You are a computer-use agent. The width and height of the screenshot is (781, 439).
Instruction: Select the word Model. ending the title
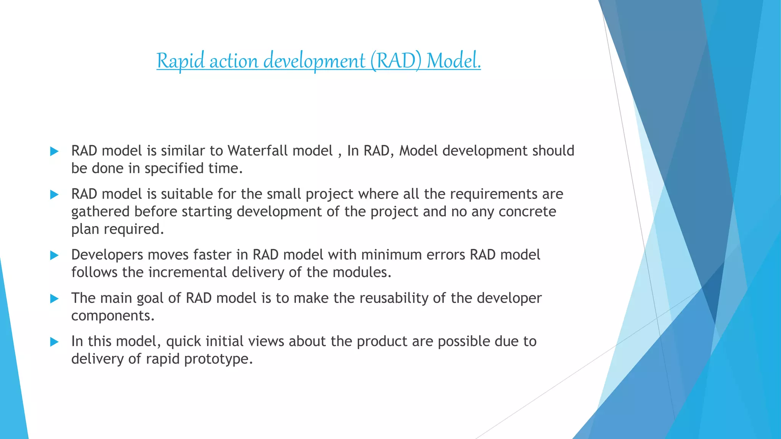pyautogui.click(x=453, y=61)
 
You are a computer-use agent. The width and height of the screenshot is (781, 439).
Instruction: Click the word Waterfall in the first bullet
pyautogui.click(x=280, y=151)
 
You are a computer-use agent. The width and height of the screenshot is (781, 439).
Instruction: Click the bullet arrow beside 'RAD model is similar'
pyautogui.click(x=55, y=151)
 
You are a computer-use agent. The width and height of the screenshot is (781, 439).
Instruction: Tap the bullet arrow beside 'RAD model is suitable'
pyautogui.click(x=55, y=195)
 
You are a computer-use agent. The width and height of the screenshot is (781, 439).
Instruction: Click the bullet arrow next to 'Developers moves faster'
pyautogui.click(x=55, y=255)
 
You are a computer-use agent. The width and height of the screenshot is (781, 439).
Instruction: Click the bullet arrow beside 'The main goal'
pyautogui.click(x=55, y=299)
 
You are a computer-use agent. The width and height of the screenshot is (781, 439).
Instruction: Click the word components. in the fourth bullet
pyautogui.click(x=113, y=316)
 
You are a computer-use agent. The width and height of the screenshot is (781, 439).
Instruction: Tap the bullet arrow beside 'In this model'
pyautogui.click(x=55, y=342)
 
